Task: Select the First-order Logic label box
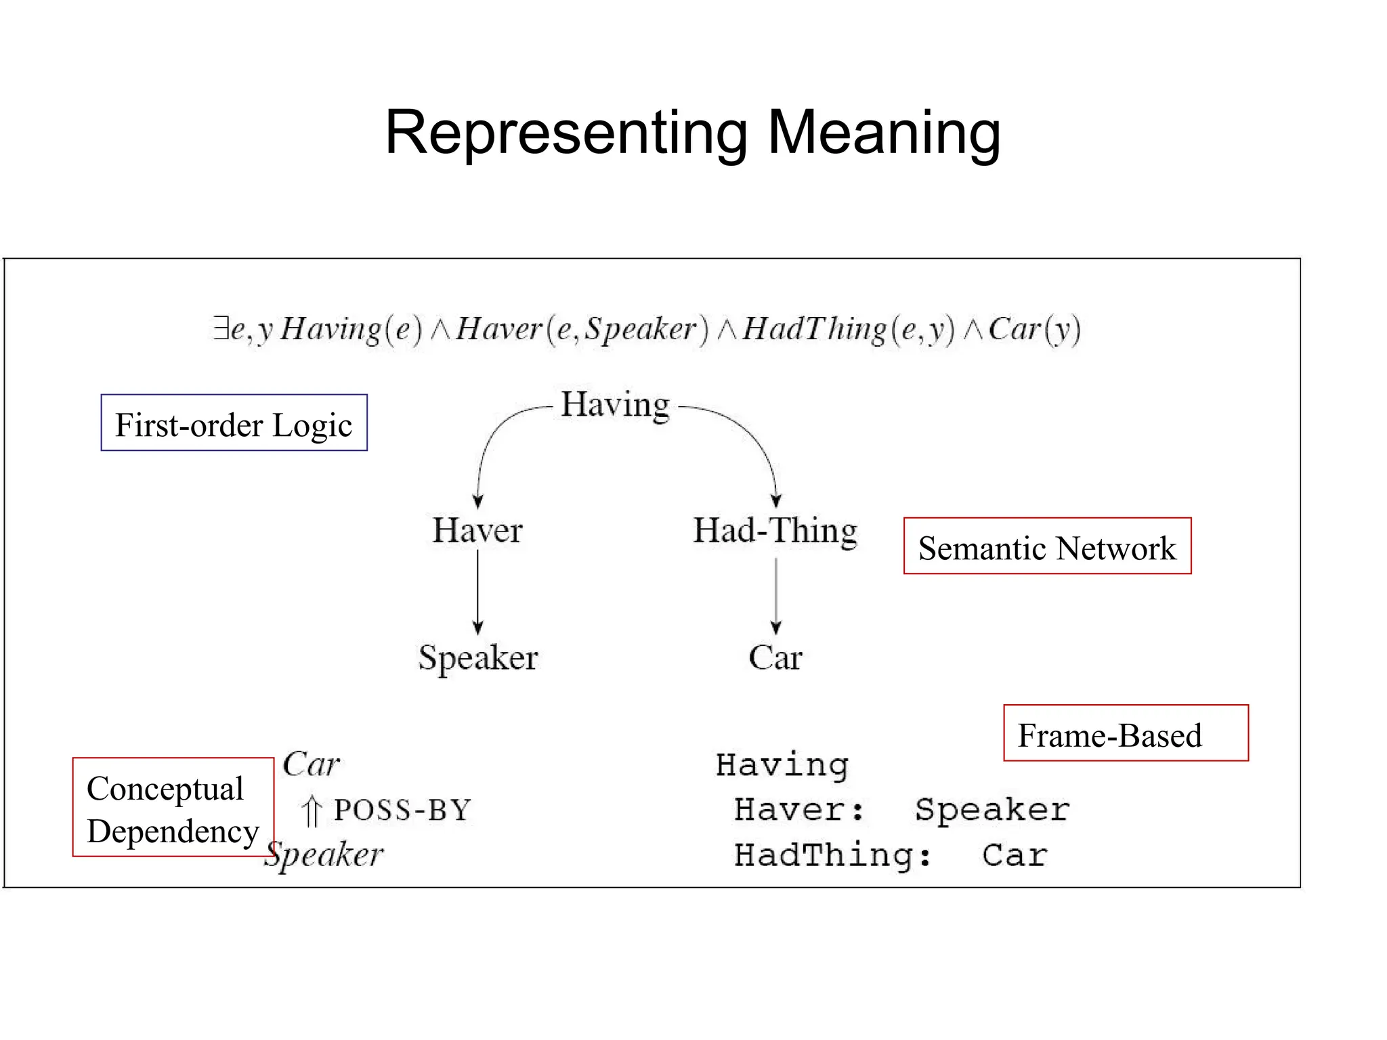[x=234, y=423]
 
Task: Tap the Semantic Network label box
[x=1047, y=546]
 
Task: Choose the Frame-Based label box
[x=1125, y=733]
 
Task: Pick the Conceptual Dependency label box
[x=173, y=807]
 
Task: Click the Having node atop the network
[x=615, y=405]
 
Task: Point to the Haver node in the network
[x=477, y=530]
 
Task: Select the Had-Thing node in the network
[x=775, y=530]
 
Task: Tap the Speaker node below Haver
[x=477, y=657]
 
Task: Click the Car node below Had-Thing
[x=775, y=657]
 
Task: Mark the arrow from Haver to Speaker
[x=477, y=592]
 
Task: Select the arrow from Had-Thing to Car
[x=776, y=596]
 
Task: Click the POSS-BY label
[x=402, y=810]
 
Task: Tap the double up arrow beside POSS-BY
[x=312, y=811]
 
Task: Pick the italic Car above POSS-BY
[x=311, y=764]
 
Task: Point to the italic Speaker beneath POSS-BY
[x=324, y=854]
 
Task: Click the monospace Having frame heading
[x=782, y=765]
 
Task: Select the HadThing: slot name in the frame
[x=833, y=855]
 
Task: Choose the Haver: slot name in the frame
[x=800, y=810]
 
